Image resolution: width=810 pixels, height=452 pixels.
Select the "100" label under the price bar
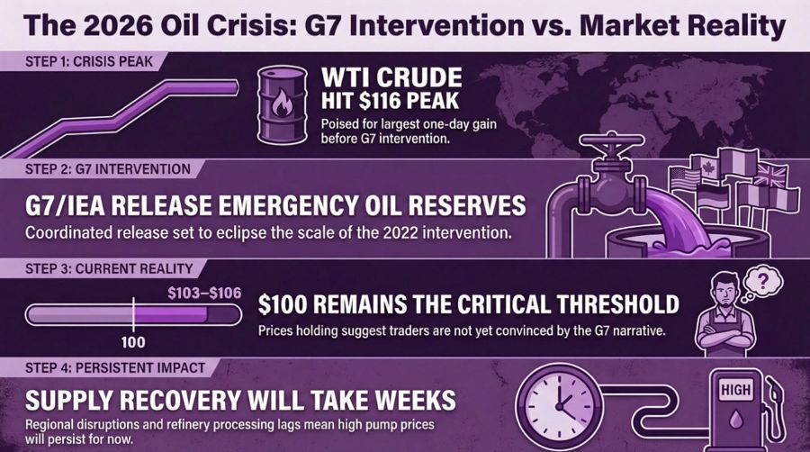pyautogui.click(x=133, y=343)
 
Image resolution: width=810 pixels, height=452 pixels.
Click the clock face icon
pyautogui.click(x=557, y=397)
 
